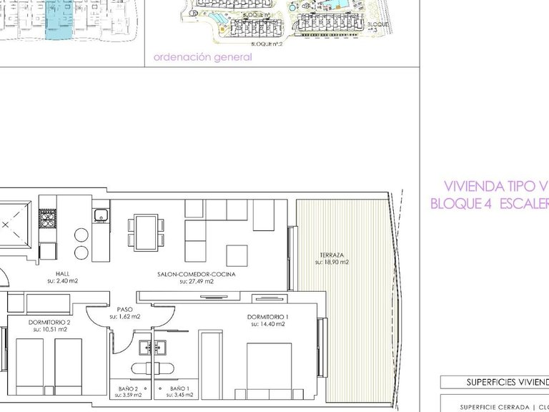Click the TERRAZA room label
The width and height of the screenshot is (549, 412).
(x=332, y=255)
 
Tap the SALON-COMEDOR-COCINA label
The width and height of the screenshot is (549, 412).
(x=197, y=274)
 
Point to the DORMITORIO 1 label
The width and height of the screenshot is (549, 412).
(x=267, y=317)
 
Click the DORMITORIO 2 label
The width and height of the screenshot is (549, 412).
(x=49, y=322)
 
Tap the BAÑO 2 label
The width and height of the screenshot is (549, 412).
(x=129, y=388)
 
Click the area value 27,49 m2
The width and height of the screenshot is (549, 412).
(x=197, y=281)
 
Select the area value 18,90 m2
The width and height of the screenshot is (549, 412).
(x=332, y=263)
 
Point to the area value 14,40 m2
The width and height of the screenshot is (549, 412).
(x=267, y=324)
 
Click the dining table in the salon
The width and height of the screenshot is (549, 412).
(x=147, y=232)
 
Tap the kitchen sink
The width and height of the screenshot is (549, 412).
(x=101, y=212)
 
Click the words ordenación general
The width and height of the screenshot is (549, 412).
(x=202, y=57)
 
